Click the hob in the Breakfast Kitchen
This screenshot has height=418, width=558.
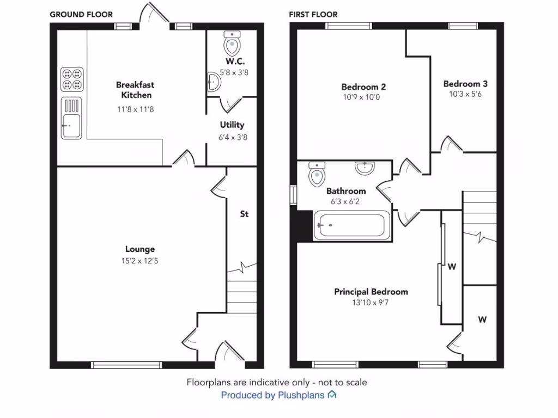[x=72, y=79]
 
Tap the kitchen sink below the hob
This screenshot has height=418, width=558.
[x=71, y=119]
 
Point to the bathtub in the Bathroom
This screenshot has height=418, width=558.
[x=352, y=224]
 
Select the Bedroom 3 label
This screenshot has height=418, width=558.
[x=465, y=84]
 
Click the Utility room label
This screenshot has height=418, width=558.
[x=232, y=125]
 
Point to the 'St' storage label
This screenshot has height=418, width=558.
[x=244, y=214]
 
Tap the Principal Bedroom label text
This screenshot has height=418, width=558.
[x=371, y=292]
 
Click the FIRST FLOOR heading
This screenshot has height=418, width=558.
[x=313, y=15]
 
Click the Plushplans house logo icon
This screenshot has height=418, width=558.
[x=332, y=395]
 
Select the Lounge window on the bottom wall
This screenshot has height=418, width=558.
[x=126, y=365]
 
